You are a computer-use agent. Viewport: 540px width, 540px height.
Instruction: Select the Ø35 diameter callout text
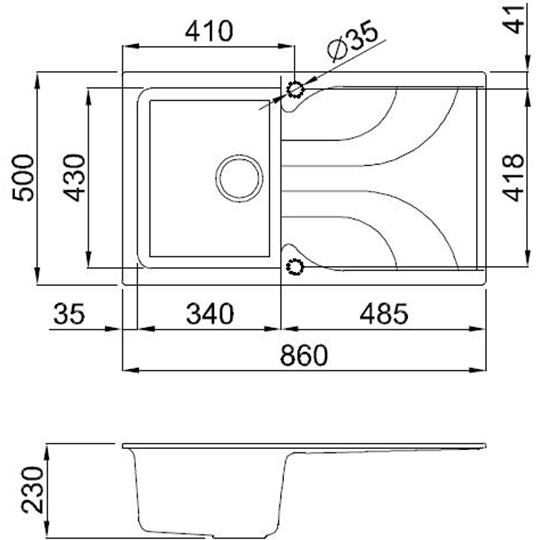click(353, 44)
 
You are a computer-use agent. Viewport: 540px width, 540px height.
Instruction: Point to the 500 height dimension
click(23, 178)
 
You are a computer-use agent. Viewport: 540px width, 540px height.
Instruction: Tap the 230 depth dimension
click(32, 490)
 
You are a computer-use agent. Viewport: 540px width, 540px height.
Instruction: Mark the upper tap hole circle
click(295, 89)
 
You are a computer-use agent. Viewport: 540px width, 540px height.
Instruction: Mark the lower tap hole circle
click(295, 266)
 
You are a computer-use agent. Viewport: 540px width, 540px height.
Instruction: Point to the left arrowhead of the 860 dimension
click(130, 370)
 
